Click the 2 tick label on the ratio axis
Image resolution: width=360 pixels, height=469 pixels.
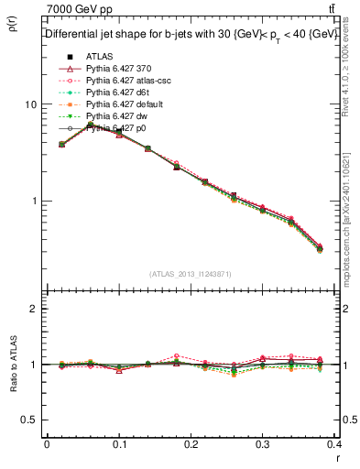click(x=33, y=310)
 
